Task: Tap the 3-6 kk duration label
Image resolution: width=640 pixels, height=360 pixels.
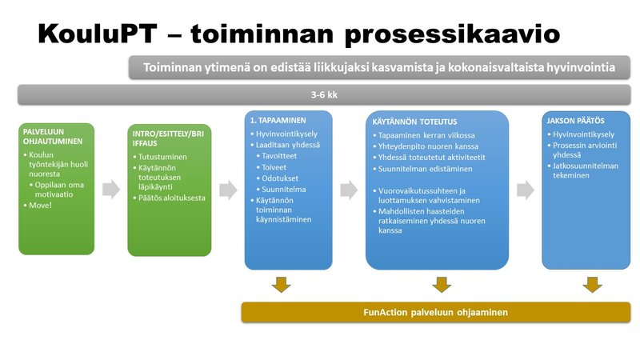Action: pyautogui.click(x=323, y=94)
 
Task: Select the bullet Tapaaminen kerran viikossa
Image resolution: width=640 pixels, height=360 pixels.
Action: pyautogui.click(x=426, y=136)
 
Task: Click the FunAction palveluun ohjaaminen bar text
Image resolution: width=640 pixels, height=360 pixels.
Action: pyautogui.click(x=435, y=312)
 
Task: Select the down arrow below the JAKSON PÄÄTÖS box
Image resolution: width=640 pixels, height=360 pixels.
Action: pyautogui.click(x=592, y=284)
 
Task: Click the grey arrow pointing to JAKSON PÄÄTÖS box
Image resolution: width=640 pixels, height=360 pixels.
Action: pyautogui.click(x=524, y=190)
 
